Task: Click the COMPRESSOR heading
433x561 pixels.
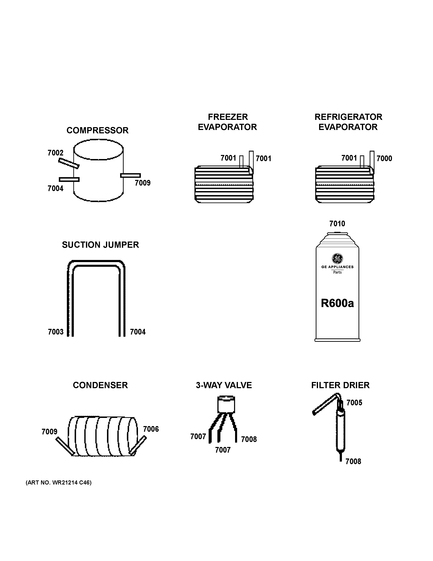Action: (x=97, y=131)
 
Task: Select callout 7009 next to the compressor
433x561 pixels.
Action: (x=143, y=183)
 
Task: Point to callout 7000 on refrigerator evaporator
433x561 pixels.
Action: (x=384, y=158)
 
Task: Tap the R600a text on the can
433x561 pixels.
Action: (x=337, y=303)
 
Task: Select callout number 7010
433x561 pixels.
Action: (x=337, y=224)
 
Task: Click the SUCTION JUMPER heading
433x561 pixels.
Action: (x=100, y=245)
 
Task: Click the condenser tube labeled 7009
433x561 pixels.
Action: (x=65, y=446)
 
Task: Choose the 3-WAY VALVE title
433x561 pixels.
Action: (x=224, y=385)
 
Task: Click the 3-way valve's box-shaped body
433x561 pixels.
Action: (x=226, y=405)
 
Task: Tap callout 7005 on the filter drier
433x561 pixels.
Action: (x=354, y=403)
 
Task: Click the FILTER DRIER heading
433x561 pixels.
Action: (x=340, y=385)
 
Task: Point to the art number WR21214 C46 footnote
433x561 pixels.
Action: (x=59, y=483)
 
